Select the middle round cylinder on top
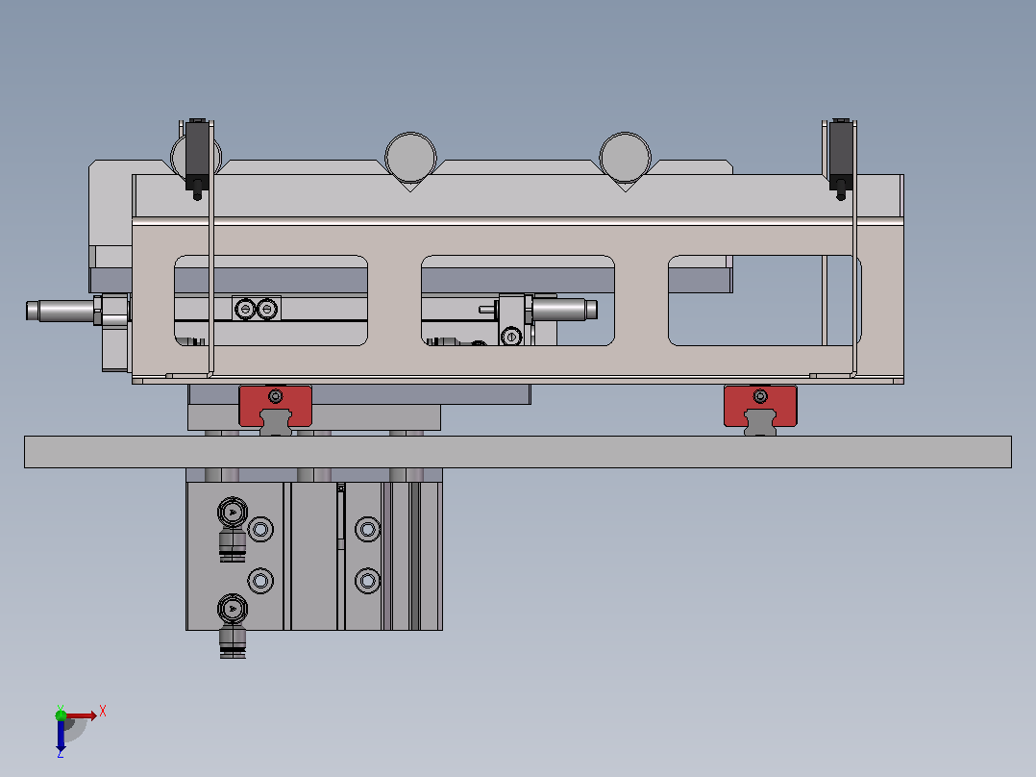410,158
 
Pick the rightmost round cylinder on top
625,158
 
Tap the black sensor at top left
197,159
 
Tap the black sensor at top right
840,159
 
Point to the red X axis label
103,713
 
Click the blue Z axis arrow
61,735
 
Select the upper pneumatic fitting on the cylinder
233,528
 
